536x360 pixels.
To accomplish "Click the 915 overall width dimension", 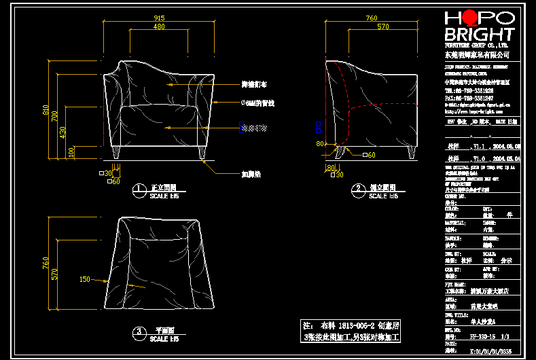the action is point(159,18).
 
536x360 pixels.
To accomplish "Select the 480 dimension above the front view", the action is point(159,27).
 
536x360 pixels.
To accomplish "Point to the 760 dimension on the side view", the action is point(372,18).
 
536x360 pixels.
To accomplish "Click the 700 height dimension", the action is point(56,116).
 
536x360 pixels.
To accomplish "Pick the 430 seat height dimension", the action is point(63,130).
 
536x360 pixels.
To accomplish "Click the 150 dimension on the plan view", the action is point(85,279).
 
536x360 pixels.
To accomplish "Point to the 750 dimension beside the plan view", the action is point(46,262).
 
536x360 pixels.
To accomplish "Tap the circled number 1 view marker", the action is point(139,188).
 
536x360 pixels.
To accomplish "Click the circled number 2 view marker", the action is point(357,188).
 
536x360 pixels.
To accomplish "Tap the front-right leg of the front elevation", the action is point(202,154).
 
